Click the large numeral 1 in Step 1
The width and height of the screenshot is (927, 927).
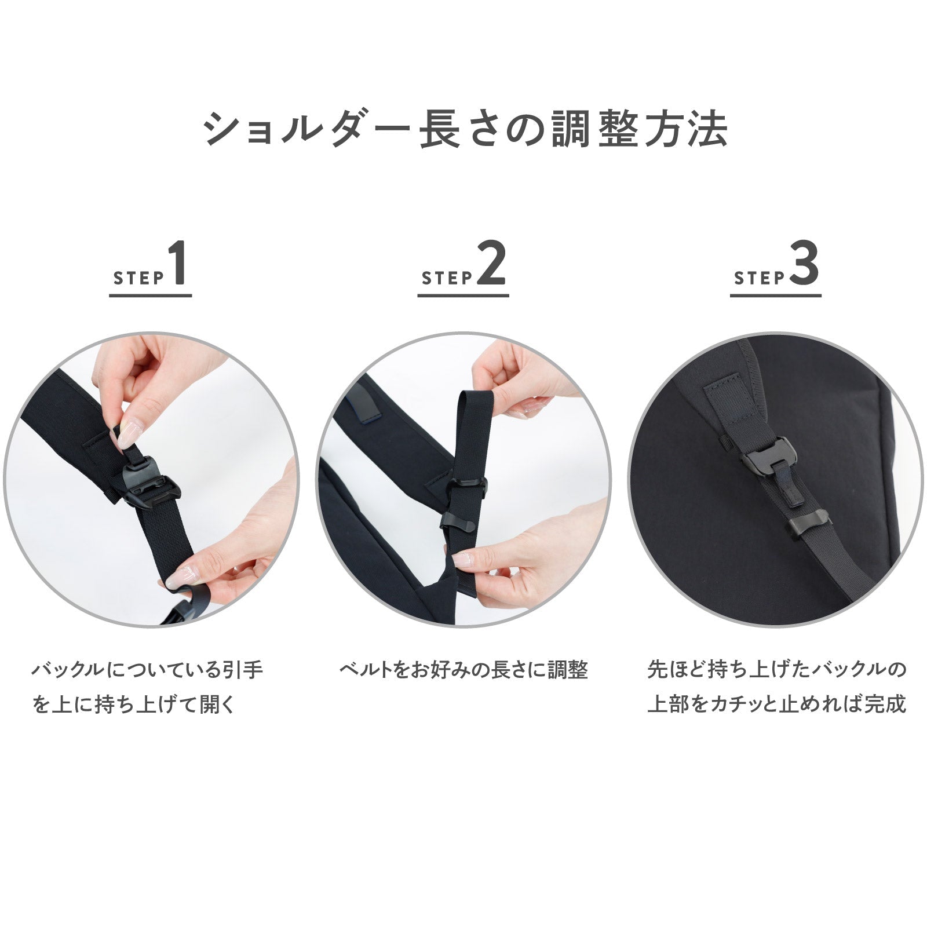click(178, 264)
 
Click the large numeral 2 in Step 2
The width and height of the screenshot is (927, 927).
click(491, 264)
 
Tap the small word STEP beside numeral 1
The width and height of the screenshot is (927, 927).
click(138, 278)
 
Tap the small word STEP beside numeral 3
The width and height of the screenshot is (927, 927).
click(759, 278)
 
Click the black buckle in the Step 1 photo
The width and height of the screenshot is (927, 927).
click(152, 486)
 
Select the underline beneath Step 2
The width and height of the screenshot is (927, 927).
click(463, 295)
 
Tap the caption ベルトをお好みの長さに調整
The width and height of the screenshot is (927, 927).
click(463, 671)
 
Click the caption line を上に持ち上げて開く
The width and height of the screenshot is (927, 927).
click(134, 705)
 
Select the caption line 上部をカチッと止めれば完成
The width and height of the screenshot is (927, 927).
click(776, 705)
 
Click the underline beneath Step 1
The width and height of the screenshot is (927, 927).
click(151, 295)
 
